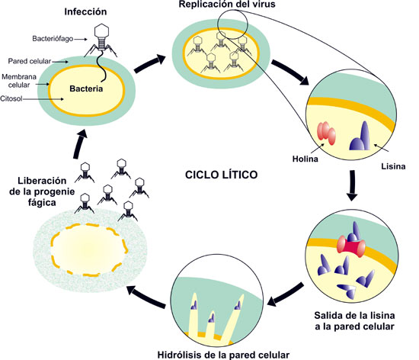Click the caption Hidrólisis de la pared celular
pos(221,354)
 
